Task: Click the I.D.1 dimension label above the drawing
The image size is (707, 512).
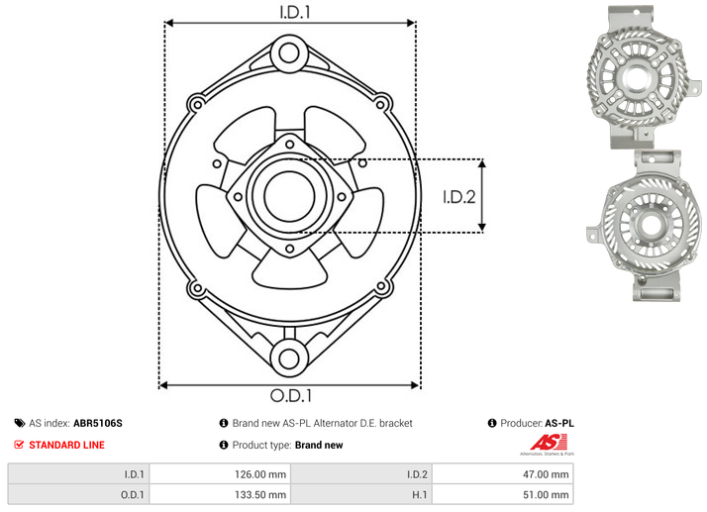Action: [295, 12]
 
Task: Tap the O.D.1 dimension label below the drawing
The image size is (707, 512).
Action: [291, 395]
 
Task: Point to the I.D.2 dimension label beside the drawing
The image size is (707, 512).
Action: [459, 197]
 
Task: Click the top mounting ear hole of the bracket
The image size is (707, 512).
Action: [289, 53]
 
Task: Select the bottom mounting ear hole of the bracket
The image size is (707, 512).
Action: [289, 358]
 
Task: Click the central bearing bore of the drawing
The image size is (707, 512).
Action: [289, 196]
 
